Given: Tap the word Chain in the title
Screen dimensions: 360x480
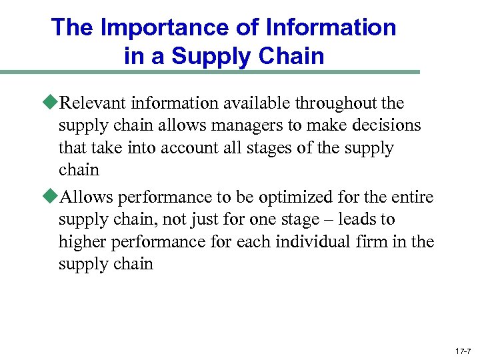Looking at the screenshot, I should coord(294,56).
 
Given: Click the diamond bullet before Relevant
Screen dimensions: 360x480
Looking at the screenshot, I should coord(51,103).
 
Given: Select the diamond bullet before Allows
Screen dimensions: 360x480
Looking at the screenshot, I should coord(51,197).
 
